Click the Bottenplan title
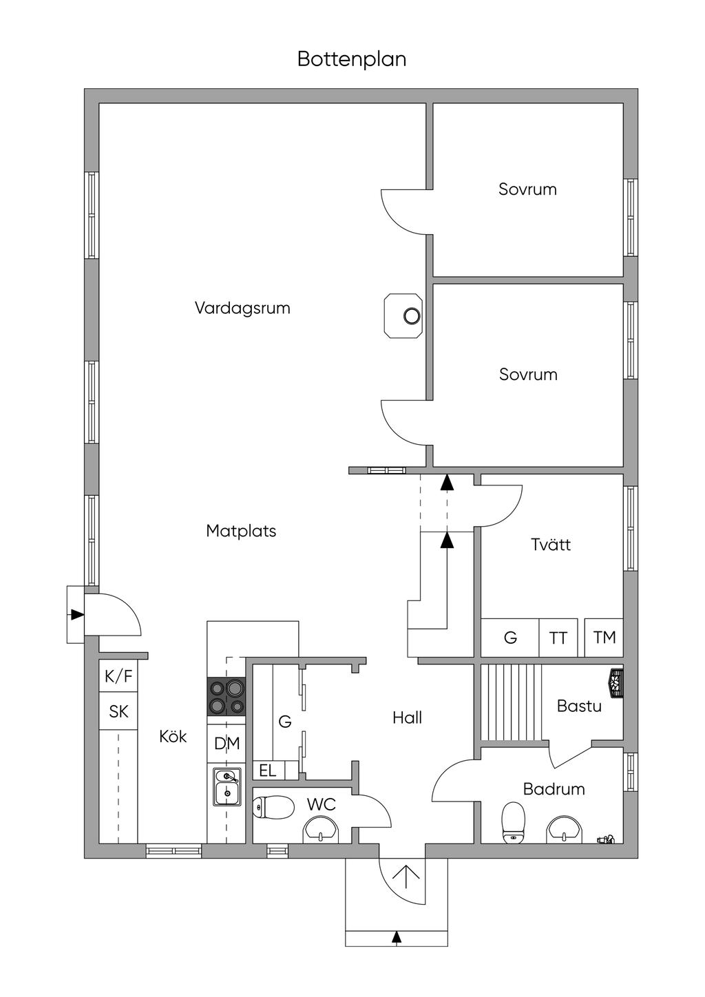click(x=352, y=59)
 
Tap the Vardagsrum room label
click(x=242, y=308)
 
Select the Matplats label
click(x=241, y=531)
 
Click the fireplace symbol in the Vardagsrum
click(x=403, y=316)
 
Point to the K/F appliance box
click(x=118, y=677)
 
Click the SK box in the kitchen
click(x=118, y=711)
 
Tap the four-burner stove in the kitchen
click(x=227, y=696)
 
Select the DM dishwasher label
click(x=227, y=744)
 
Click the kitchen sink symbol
click(x=227, y=787)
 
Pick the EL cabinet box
click(x=269, y=770)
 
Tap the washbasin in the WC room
click(x=322, y=829)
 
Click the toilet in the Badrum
click(x=514, y=821)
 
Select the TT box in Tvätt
click(x=558, y=638)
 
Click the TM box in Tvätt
click(x=604, y=638)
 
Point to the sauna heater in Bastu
click(x=614, y=682)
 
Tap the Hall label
click(x=407, y=718)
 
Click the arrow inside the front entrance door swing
click(x=406, y=875)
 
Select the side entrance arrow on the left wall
click(x=76, y=614)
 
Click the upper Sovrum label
click(x=527, y=189)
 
